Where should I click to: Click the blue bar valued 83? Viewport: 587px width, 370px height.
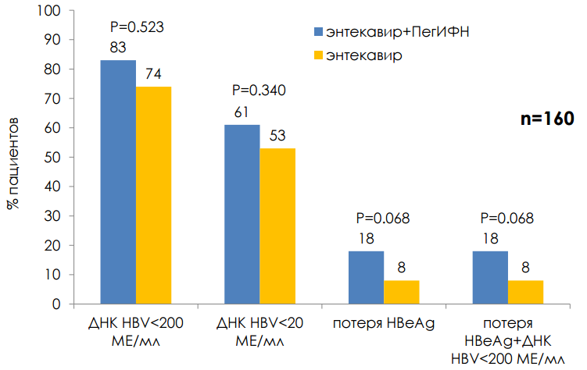point(118,182)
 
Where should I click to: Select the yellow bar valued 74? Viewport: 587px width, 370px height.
point(153,195)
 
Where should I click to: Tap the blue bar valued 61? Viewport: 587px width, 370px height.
point(242,215)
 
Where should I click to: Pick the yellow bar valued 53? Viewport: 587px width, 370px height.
point(277,226)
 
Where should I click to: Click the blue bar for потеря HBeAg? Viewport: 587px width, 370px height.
point(366,277)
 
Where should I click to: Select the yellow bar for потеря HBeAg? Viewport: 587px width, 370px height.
point(401,292)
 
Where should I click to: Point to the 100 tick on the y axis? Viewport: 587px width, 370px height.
point(50,11)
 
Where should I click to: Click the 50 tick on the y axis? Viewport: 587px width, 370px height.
point(53,158)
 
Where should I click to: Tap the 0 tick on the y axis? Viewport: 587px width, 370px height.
point(57,304)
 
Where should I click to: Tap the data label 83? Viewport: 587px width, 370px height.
point(118,48)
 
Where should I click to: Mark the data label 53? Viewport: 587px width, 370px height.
point(277,136)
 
